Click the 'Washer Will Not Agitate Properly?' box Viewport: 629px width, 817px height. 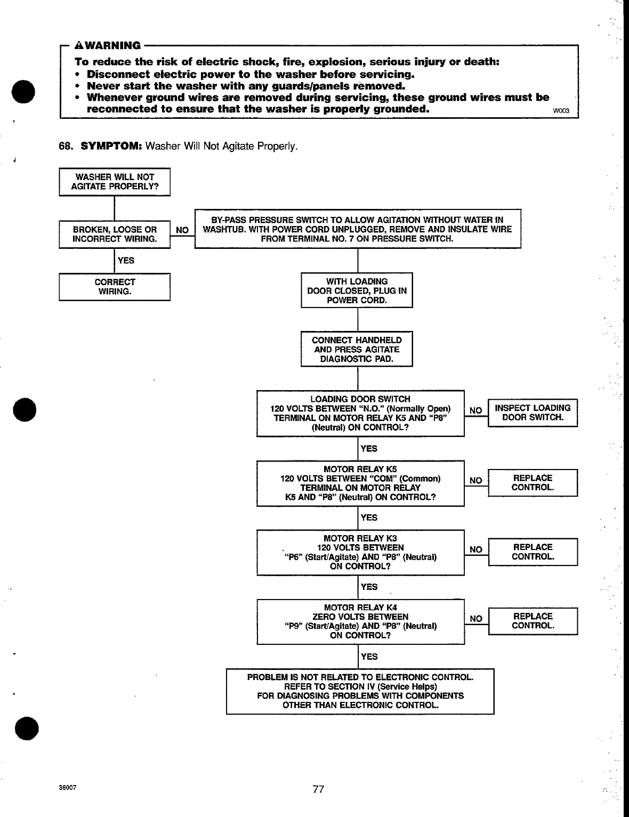(115, 182)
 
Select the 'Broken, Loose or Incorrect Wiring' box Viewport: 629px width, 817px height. (115, 234)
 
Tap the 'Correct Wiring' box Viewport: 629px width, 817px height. (115, 287)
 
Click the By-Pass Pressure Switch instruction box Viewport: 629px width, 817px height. (357, 229)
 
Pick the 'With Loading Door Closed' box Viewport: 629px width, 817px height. (357, 290)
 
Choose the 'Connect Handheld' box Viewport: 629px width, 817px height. (357, 349)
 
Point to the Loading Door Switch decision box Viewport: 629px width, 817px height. (360, 413)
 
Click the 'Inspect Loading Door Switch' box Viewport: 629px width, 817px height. (533, 412)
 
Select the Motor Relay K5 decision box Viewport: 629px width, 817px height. (360, 483)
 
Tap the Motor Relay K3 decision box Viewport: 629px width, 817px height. (360, 552)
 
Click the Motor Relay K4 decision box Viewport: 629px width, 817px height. (360, 621)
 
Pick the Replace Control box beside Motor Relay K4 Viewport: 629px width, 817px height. (533, 621)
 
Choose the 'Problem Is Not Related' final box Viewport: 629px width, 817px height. (360, 691)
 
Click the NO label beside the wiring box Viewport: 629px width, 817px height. (182, 230)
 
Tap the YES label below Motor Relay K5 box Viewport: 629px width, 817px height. (369, 517)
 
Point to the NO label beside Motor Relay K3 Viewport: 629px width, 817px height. (476, 549)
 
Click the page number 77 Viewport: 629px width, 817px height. (318, 789)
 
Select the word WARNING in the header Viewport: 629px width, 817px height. (110, 45)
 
